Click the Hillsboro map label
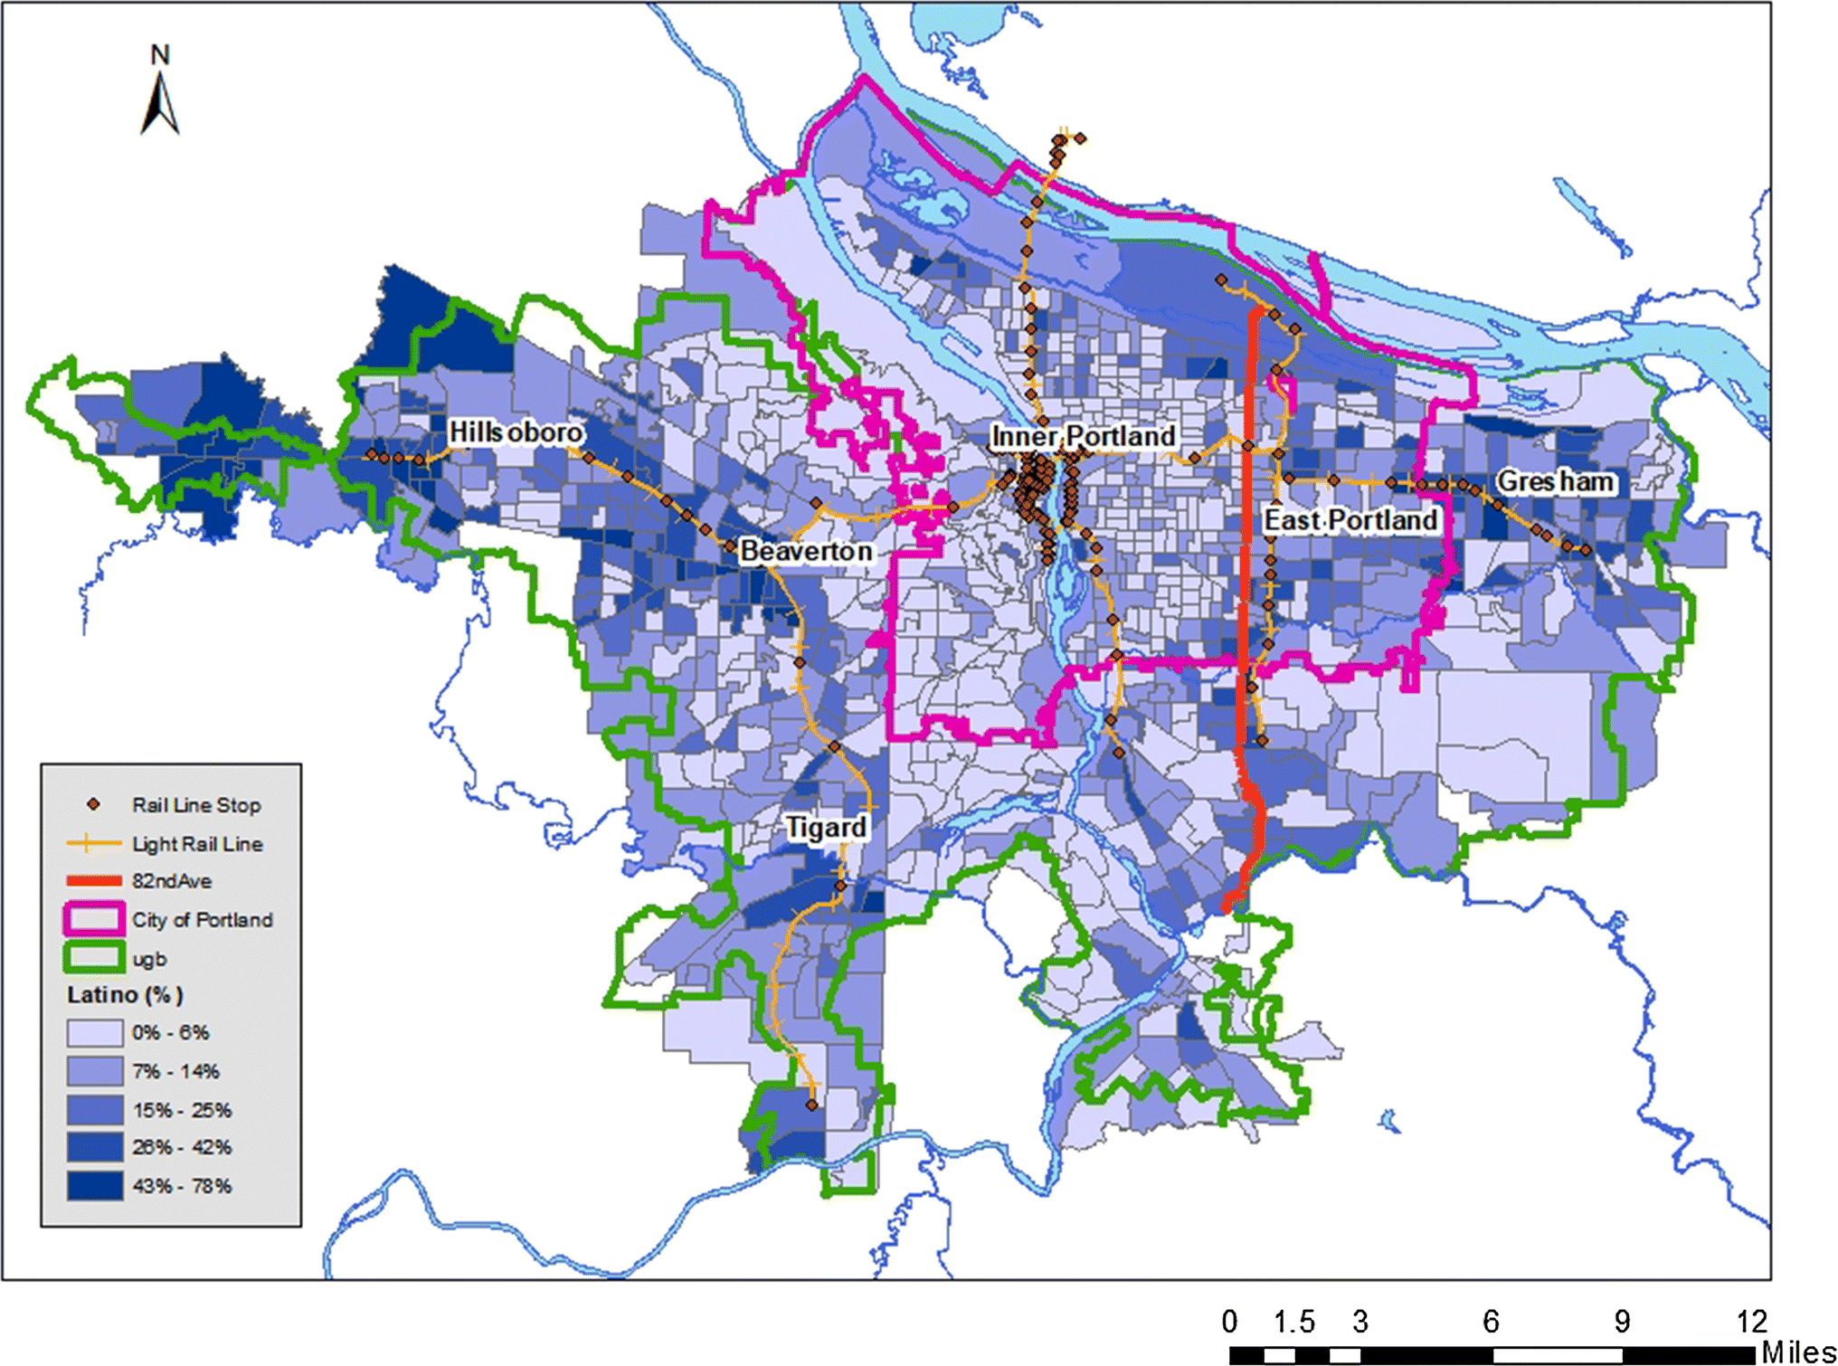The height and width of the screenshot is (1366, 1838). point(516,433)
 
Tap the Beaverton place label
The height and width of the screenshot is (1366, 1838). point(806,551)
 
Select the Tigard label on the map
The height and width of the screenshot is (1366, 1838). point(825,828)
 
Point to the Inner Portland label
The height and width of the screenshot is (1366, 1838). point(1083,437)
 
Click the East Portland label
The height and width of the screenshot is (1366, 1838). point(1350,521)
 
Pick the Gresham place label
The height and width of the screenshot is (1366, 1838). point(1554,482)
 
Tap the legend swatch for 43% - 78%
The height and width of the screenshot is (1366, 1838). point(95,1186)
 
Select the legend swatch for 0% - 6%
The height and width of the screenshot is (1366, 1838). point(95,1033)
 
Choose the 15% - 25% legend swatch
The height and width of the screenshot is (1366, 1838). point(95,1110)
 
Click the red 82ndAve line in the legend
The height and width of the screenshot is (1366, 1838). point(94,881)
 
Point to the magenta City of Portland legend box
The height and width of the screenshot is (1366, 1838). point(94,920)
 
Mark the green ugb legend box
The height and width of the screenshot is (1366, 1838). point(94,958)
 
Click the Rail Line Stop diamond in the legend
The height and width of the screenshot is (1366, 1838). point(93,804)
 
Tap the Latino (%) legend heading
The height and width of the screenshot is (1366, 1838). point(125,995)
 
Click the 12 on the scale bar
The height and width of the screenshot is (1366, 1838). point(1751,1322)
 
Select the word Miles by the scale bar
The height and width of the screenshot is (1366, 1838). point(1798,1352)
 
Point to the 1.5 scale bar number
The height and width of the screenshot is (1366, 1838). point(1293,1322)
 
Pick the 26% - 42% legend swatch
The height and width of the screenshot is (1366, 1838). point(95,1148)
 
